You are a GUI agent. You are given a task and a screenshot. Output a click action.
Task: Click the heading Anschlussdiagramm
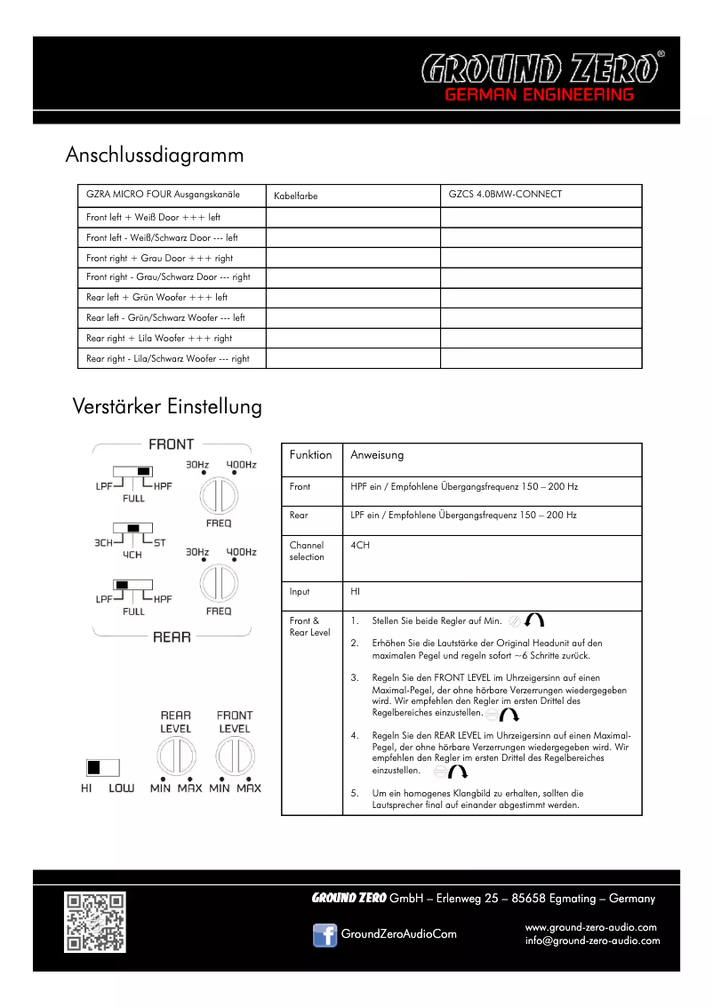pos(155,156)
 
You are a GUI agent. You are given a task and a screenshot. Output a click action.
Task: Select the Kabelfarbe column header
pos(295,196)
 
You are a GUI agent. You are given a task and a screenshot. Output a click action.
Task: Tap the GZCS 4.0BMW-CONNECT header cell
pos(505,195)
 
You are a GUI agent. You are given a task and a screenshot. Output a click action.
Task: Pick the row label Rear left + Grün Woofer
pos(156,298)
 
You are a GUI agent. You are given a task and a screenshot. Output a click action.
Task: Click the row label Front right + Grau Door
pos(159,258)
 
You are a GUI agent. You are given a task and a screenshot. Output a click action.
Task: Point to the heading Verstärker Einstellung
pos(167,407)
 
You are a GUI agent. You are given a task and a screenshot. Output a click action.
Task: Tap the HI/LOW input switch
pos(102,767)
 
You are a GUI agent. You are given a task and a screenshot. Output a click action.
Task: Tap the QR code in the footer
pos(94,922)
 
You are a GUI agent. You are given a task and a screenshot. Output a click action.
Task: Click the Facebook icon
pos(324,935)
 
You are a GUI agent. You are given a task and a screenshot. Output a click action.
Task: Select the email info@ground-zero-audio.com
pos(592,941)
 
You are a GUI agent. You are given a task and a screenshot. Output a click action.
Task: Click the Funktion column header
pos(310,455)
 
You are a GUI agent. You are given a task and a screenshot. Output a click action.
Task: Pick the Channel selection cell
pos(307,551)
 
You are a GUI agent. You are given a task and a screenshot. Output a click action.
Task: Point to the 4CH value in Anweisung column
pos(360,546)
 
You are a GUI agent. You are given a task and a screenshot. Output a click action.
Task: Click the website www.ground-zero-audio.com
pos(591,927)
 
